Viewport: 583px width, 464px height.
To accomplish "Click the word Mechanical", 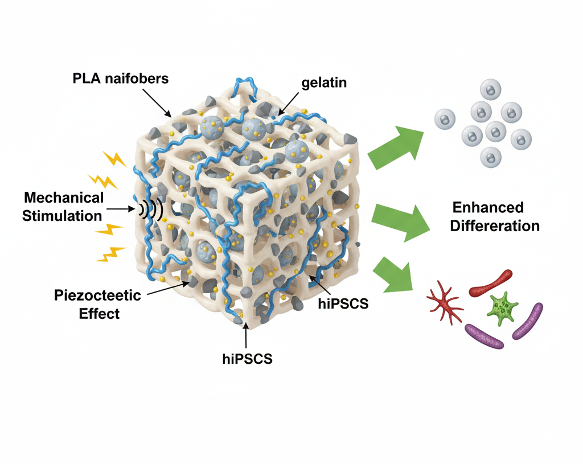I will pyautogui.click(x=64, y=198).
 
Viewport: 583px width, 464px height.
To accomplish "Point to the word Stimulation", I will pyautogui.click(x=62, y=216).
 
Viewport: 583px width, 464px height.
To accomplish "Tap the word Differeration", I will pyautogui.click(x=494, y=225).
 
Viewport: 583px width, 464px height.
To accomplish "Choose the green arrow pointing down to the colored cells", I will pyautogui.click(x=396, y=273).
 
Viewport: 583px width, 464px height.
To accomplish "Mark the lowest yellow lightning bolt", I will pyautogui.click(x=110, y=254).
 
